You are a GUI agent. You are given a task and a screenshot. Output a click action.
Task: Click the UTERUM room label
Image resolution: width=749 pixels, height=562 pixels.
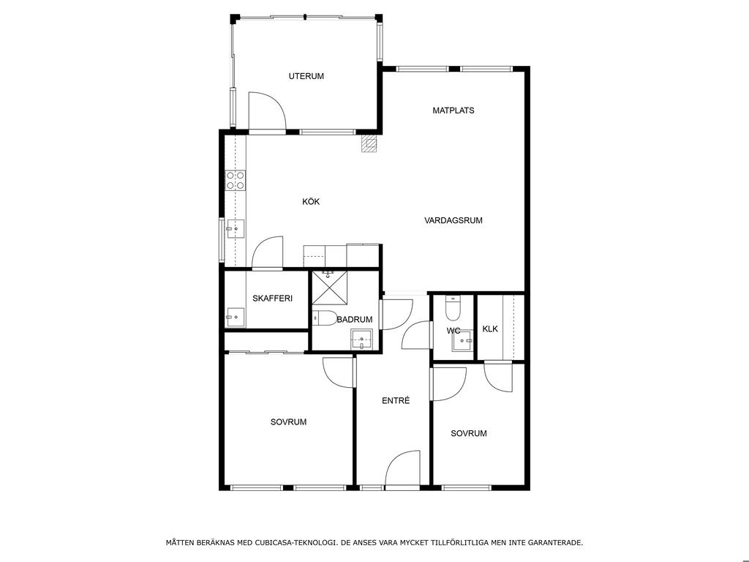click(306, 76)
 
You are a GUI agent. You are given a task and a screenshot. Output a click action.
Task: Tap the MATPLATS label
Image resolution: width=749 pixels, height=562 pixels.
click(453, 110)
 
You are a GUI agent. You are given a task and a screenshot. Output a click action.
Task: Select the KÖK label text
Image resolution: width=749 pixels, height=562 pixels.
click(311, 202)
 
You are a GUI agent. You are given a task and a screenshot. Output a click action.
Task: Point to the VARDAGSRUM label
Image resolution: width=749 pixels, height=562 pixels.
click(453, 220)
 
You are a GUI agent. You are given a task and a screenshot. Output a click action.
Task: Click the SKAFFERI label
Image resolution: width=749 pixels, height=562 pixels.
click(272, 299)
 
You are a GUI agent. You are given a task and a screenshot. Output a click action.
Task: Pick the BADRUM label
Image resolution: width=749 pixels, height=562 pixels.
click(355, 320)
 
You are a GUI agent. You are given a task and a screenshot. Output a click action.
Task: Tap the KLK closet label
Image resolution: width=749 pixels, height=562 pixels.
click(490, 329)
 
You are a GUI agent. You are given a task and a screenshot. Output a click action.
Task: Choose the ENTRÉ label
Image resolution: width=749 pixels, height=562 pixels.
click(396, 400)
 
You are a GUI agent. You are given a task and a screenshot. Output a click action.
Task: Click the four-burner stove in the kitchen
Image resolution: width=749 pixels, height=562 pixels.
click(235, 181)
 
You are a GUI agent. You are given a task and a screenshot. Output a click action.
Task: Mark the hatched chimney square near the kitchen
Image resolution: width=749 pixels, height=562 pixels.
click(369, 143)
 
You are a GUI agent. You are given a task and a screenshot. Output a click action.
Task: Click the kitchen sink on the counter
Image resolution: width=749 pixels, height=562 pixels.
click(235, 229)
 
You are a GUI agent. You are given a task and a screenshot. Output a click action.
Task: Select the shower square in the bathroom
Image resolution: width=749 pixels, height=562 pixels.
click(330, 287)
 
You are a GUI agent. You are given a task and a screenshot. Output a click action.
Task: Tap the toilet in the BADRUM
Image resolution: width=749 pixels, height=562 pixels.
click(325, 318)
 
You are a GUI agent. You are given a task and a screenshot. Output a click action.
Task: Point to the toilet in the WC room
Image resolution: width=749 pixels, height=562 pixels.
click(452, 308)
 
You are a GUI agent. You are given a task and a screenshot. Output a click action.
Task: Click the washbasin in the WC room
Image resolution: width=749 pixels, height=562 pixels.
click(462, 341)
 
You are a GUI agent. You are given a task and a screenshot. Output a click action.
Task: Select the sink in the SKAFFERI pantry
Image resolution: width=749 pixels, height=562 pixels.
click(235, 317)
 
